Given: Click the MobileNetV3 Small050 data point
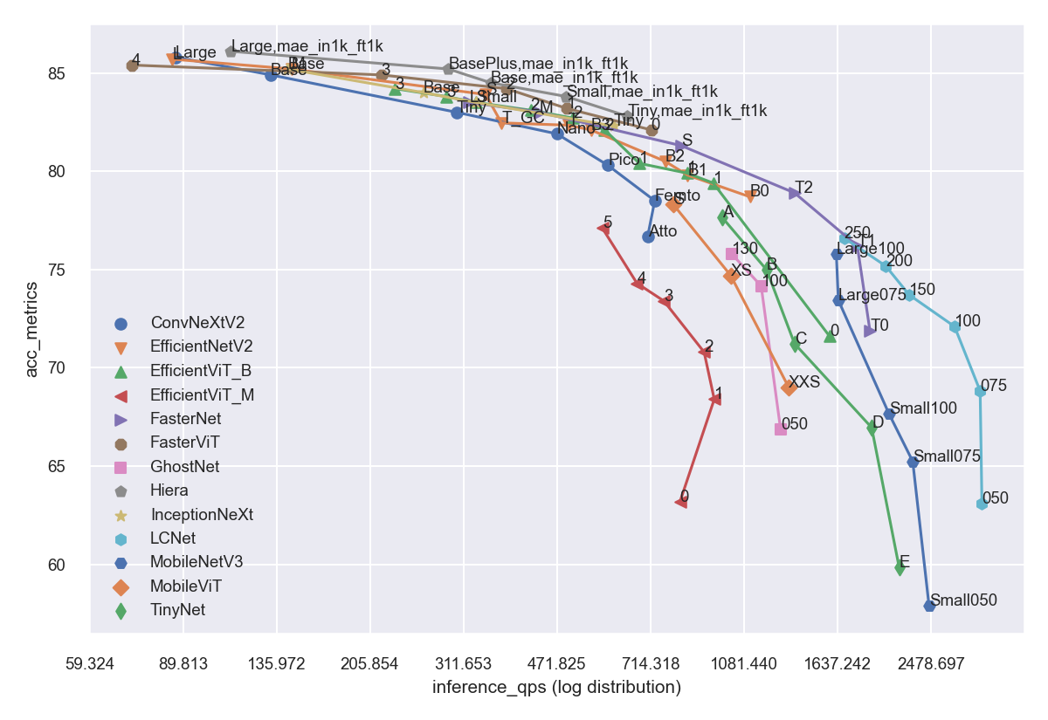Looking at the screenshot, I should tap(929, 606).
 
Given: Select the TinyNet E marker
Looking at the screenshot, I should tap(900, 568).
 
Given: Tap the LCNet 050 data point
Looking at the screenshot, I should tap(982, 504).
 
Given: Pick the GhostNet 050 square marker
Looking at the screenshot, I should tap(781, 429).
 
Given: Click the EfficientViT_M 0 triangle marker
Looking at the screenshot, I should tap(681, 501).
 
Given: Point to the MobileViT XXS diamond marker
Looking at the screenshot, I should tap(789, 387).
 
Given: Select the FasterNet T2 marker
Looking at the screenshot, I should tap(794, 193).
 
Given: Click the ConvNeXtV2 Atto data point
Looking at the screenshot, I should tap(648, 237).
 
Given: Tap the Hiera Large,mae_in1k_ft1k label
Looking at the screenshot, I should tap(307, 46).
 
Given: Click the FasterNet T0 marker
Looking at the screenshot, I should tap(869, 331).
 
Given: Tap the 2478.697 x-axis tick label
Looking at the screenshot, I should tap(930, 664).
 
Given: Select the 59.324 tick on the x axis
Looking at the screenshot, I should tap(90, 664).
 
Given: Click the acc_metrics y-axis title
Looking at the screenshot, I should tap(32, 330).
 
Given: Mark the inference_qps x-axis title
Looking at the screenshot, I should tap(556, 688).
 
